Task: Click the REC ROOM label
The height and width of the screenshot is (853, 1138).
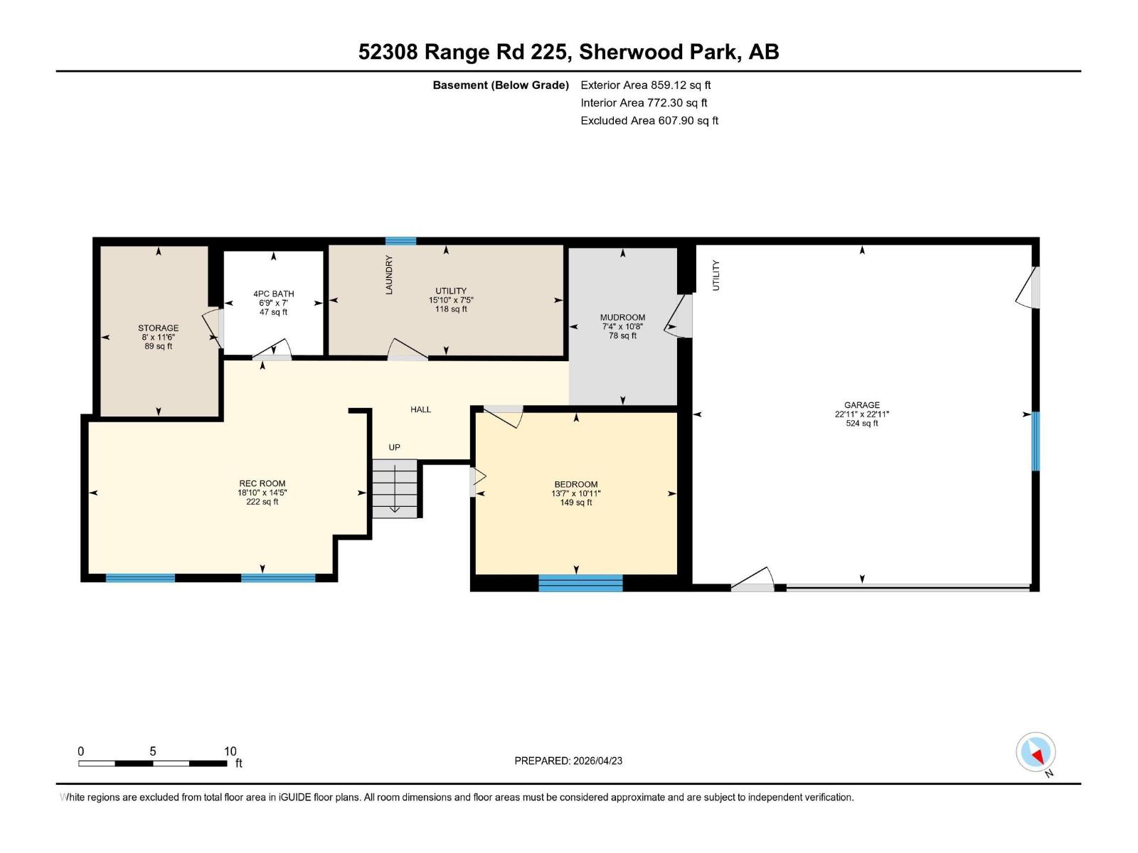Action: pos(262,483)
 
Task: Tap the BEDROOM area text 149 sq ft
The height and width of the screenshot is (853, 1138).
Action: pos(575,503)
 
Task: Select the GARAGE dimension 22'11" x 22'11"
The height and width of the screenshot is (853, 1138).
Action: pos(862,414)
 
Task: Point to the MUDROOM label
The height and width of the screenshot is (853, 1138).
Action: pos(622,318)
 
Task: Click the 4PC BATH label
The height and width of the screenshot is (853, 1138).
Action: pos(273,294)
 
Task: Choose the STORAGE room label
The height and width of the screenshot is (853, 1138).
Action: pos(158,328)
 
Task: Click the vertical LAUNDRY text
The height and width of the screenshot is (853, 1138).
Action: pos(389,275)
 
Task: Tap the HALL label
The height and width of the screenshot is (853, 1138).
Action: pos(420,409)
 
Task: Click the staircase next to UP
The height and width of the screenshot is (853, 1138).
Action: pos(395,488)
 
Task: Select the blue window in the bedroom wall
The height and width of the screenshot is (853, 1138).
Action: pos(580,584)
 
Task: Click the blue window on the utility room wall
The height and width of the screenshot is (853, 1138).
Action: pos(400,241)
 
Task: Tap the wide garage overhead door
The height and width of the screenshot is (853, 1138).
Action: pos(908,587)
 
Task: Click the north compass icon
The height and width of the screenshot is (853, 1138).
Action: pos(1036,752)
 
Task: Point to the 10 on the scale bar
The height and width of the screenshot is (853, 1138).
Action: pos(230,751)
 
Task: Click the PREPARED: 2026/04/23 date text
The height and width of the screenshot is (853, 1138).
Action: pos(568,761)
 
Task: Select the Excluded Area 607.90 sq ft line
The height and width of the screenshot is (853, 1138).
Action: pos(649,121)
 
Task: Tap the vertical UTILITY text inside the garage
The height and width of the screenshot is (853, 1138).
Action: pos(716,275)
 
